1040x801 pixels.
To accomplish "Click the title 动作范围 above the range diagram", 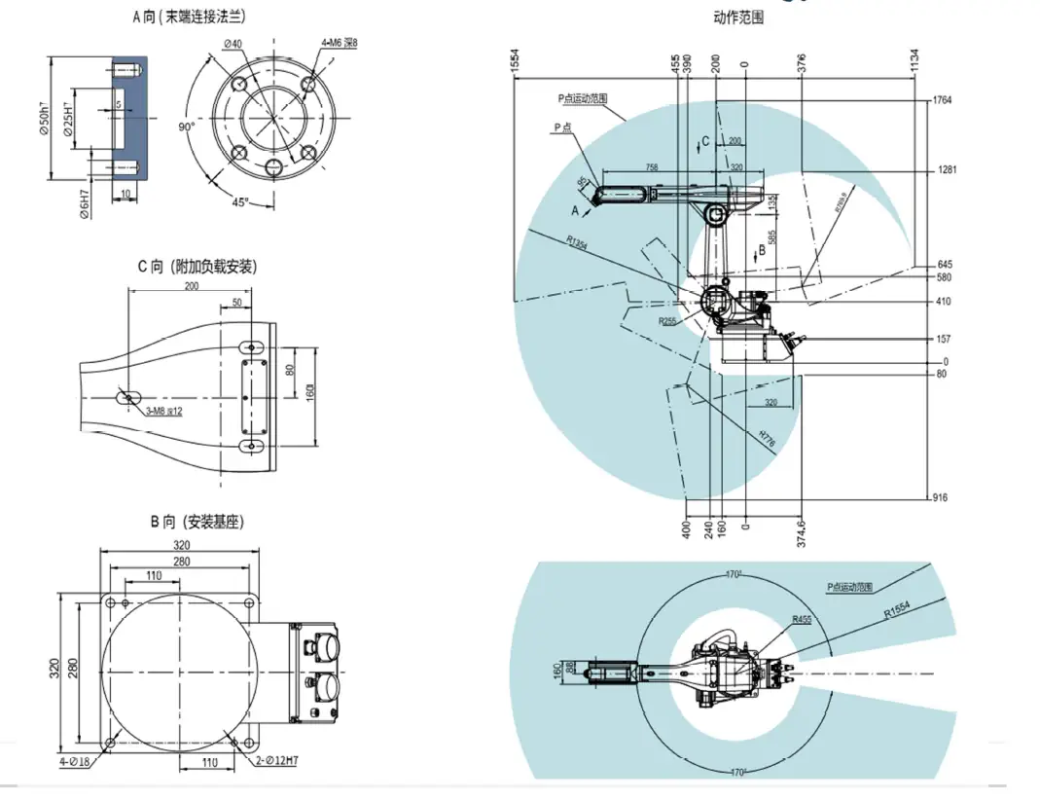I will pyautogui.click(x=738, y=18).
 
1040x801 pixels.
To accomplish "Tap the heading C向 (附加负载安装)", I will pyautogui.click(x=197, y=266).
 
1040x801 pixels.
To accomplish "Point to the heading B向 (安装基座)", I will pyautogui.click(x=197, y=522).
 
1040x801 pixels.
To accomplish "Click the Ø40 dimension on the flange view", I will pyautogui.click(x=233, y=43).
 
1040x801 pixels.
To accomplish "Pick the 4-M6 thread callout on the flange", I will pyautogui.click(x=340, y=44).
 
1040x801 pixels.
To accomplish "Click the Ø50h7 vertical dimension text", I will pyautogui.click(x=45, y=118).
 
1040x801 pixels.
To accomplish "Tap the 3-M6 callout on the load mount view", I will pyautogui.click(x=162, y=412).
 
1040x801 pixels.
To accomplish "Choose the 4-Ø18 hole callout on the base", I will pyautogui.click(x=73, y=761).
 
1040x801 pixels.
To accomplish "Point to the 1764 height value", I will pyautogui.click(x=943, y=100).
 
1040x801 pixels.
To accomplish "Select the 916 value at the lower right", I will pyautogui.click(x=939, y=497).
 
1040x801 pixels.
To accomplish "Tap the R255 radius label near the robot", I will pyautogui.click(x=666, y=320).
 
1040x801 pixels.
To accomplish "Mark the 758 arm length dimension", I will pyautogui.click(x=651, y=167).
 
